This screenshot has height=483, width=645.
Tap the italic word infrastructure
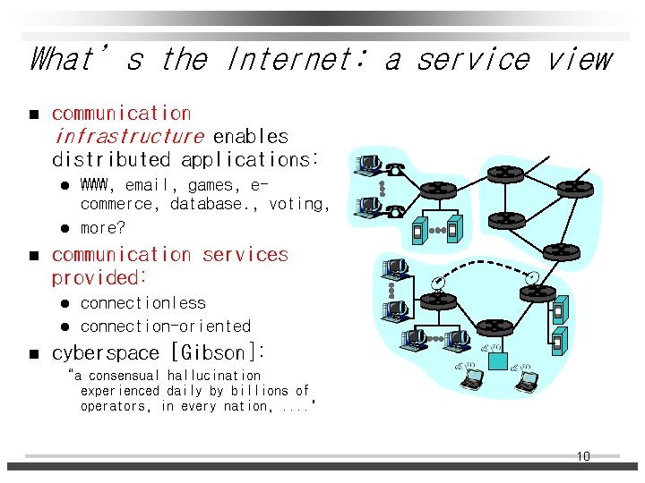click(129, 137)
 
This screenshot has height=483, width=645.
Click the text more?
click(103, 227)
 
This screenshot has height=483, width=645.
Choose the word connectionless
click(143, 303)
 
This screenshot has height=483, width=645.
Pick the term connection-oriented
click(166, 326)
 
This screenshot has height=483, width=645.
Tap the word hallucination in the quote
click(214, 376)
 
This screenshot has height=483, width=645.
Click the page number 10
click(583, 456)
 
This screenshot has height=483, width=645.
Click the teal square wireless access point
click(497, 361)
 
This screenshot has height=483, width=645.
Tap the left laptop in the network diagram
click(471, 380)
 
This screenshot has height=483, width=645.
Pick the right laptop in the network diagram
click(526, 380)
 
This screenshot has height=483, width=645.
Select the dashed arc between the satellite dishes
click(484, 266)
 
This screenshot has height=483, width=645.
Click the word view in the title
click(580, 60)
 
